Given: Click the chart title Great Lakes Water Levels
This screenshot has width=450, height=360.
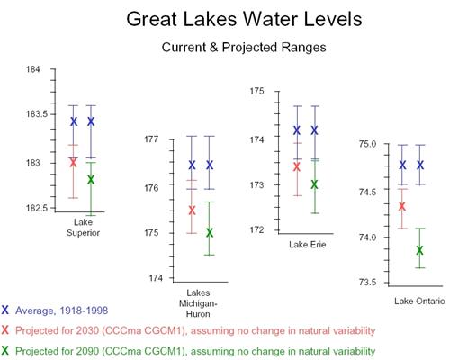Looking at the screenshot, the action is tap(244, 19).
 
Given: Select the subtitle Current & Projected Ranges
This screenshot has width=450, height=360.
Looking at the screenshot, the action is tap(244, 48).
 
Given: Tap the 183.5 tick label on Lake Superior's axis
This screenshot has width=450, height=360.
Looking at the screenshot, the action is tap(37, 114).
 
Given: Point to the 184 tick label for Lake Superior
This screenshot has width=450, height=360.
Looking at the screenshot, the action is tap(33, 69).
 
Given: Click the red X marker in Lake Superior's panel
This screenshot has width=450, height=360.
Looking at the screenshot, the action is tap(73, 162).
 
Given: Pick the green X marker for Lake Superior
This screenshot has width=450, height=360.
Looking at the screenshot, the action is tap(91, 180).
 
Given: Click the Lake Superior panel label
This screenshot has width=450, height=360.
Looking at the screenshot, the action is tap(83, 228).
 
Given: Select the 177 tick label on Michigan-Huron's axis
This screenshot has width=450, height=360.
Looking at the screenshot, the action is tap(151, 139).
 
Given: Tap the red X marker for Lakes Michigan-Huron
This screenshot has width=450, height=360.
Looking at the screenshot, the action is tap(192, 211).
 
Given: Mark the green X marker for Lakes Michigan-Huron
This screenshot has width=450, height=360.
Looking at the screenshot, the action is tap(210, 232).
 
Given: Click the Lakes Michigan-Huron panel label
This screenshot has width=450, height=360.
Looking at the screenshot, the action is tap(198, 303).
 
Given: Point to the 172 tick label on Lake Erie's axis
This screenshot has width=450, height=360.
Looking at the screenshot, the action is tap(257, 230).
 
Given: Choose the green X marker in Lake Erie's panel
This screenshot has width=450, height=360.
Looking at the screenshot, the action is tap(314, 184).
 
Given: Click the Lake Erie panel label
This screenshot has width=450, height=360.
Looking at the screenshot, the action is tap(308, 245).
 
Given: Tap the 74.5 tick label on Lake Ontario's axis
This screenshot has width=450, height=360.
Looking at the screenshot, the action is tap(367, 192).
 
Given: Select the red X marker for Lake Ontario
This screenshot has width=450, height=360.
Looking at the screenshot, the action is tap(402, 206).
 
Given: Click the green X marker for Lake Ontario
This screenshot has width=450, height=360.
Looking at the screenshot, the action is tap(419, 250).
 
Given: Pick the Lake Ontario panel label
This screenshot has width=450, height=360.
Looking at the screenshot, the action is tap(419, 301).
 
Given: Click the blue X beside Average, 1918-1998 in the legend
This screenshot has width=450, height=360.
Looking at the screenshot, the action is tap(5, 310).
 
